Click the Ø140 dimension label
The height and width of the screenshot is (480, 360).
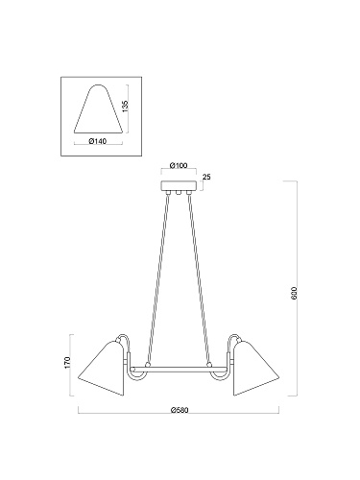point(97,141)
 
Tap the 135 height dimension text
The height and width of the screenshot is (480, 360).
point(125,105)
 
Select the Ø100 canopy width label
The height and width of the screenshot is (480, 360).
point(179,165)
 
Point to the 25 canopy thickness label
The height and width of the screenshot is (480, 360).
point(206,177)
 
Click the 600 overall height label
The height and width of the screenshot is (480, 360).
point(295,293)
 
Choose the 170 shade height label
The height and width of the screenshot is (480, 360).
point(67,362)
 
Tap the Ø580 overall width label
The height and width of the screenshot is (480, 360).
point(180,410)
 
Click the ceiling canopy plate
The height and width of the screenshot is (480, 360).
point(179,186)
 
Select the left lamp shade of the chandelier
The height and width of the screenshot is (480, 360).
point(101,368)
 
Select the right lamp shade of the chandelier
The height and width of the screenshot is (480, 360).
point(256,368)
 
